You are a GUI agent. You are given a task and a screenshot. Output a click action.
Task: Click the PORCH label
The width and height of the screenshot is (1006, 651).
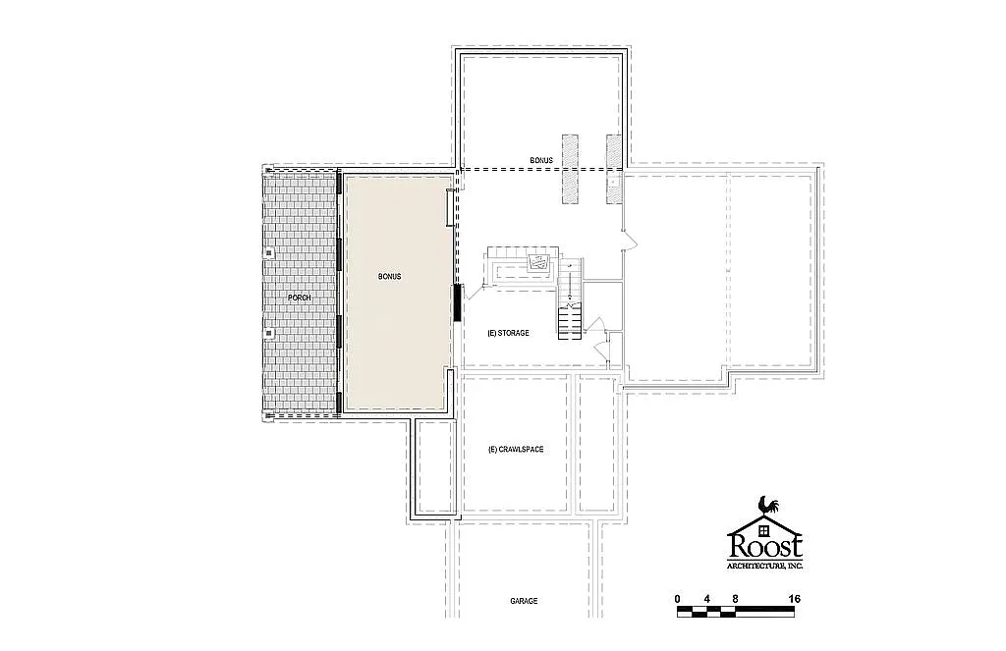(299, 297)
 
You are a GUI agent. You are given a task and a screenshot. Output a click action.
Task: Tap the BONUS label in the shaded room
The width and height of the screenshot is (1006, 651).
(389, 277)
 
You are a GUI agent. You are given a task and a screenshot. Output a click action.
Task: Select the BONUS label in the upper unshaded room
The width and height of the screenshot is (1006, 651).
(540, 160)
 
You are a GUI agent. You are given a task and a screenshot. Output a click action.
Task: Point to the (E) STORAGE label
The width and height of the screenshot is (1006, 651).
(508, 333)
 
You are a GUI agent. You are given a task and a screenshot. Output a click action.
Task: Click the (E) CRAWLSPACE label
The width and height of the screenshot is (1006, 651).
(515, 450)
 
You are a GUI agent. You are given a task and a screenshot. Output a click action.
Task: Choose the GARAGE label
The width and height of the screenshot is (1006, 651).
(524, 601)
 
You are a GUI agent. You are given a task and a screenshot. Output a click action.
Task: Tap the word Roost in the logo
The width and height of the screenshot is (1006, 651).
(765, 545)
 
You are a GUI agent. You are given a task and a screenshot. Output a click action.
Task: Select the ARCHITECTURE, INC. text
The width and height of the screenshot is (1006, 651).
(765, 567)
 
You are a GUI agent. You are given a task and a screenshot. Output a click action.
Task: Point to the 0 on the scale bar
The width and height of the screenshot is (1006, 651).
(677, 598)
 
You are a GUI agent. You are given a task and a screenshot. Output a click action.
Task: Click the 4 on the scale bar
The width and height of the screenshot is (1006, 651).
(706, 598)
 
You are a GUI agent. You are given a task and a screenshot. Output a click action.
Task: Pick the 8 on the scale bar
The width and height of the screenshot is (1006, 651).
(735, 598)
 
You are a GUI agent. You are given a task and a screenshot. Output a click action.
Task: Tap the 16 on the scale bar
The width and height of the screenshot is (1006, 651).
(793, 598)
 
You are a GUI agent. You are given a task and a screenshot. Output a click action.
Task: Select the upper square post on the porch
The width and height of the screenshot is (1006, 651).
(268, 251)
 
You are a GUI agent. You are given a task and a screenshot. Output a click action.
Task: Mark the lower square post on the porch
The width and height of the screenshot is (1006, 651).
(268, 333)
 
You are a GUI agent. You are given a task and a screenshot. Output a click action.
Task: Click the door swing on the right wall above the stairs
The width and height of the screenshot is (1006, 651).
(629, 238)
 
